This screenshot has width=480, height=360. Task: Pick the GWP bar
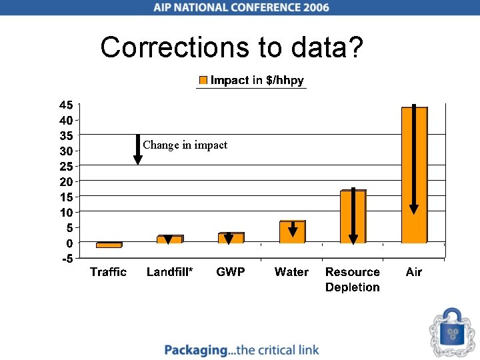(235, 238)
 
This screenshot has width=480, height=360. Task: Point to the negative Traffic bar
(108, 245)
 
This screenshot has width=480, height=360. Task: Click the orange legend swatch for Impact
(203, 81)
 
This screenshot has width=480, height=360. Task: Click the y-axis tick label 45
(65, 105)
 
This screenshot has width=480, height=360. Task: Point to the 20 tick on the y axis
(65, 181)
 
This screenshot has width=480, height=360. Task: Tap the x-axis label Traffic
(108, 272)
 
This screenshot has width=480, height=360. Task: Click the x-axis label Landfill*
(169, 272)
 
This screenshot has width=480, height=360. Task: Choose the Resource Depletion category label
(353, 279)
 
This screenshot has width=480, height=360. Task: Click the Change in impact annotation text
(185, 145)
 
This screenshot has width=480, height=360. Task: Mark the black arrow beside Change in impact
(137, 149)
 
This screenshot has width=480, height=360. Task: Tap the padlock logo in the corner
(453, 331)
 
